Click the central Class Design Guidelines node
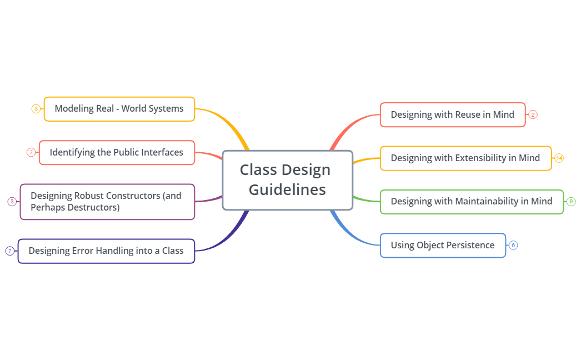287,180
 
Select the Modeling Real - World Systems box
119,109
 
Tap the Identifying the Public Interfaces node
117,152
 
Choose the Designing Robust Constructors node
107,202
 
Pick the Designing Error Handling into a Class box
106,251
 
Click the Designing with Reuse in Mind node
452,115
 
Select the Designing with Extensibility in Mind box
465,158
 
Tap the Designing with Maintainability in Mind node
471,202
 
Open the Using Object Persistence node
442,246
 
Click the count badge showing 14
559,158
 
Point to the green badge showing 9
571,202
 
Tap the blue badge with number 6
513,245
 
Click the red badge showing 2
533,115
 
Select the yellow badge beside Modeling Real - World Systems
36,109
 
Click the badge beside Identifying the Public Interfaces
31,152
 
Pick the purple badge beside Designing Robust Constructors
12,202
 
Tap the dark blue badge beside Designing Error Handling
9,251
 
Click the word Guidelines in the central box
287,190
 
